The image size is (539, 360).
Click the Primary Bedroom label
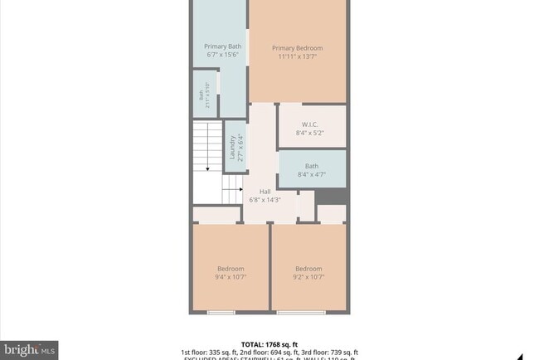(297, 48)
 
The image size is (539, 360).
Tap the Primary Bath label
(222, 46)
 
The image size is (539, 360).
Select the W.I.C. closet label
(310, 124)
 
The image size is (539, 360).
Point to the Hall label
(265, 191)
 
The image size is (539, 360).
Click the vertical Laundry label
(233, 147)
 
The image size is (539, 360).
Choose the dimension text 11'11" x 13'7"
(297, 57)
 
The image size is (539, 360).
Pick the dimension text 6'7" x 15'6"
(222, 55)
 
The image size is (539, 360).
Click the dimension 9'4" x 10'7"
(231, 277)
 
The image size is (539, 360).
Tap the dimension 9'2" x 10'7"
(308, 277)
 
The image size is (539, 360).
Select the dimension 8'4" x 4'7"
(310, 174)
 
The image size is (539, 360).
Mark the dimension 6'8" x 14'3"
(265, 200)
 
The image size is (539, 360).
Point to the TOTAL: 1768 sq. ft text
(269, 343)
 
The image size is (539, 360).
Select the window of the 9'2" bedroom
(300, 313)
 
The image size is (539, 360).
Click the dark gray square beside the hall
(332, 196)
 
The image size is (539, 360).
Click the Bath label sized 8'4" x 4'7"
(310, 165)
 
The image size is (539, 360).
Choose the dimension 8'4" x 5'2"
(310, 133)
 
